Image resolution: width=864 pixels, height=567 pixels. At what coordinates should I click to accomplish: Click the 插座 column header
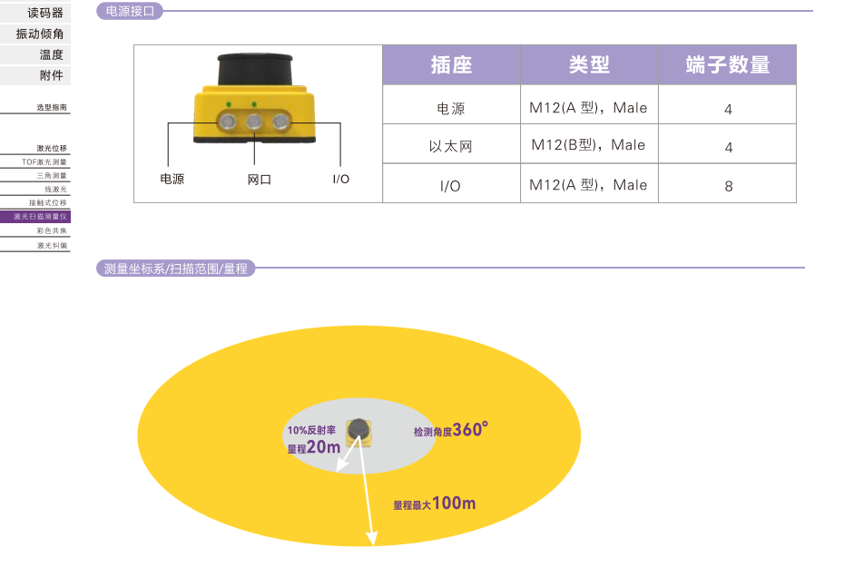point(451,65)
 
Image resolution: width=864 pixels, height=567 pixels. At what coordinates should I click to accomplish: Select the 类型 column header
point(589,65)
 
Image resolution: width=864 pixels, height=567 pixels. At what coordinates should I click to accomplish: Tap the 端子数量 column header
point(727,65)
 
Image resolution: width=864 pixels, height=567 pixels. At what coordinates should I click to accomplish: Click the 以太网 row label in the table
point(451,146)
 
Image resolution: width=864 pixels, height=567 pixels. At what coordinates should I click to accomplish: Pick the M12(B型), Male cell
point(588,145)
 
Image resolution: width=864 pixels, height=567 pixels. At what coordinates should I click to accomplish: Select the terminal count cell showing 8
point(728,186)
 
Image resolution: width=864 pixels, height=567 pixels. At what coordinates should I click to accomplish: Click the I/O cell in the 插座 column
point(450,186)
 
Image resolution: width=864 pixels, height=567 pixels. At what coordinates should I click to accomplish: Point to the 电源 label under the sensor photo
point(172,179)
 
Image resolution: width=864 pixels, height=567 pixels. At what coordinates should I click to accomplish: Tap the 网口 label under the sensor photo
point(259,179)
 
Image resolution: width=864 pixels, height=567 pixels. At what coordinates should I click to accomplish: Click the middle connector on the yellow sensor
point(254,121)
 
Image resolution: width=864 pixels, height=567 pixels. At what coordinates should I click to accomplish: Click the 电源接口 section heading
point(129,12)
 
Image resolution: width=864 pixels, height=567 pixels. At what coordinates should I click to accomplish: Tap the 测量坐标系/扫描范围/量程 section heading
point(175,269)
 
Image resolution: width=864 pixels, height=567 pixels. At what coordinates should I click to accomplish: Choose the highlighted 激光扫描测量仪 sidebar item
point(40,217)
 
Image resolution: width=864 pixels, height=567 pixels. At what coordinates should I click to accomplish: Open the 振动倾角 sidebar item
point(40,34)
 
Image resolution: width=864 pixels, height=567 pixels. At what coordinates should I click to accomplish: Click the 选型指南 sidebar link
point(52,107)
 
